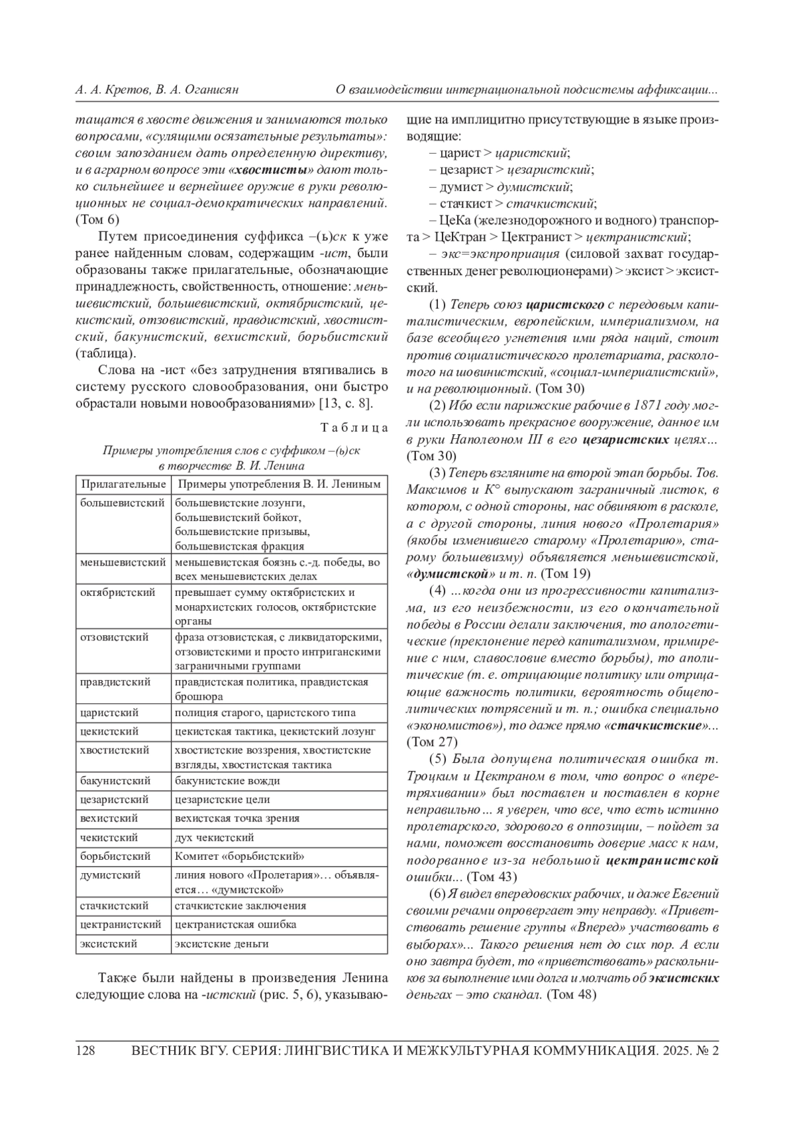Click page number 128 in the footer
click(86, 1051)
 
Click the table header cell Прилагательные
click(123, 485)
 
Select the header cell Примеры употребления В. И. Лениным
click(279, 485)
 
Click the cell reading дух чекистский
click(214, 837)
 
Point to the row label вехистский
click(109, 818)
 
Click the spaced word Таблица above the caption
click(354, 428)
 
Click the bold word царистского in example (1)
click(565, 305)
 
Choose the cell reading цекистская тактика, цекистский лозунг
click(275, 731)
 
